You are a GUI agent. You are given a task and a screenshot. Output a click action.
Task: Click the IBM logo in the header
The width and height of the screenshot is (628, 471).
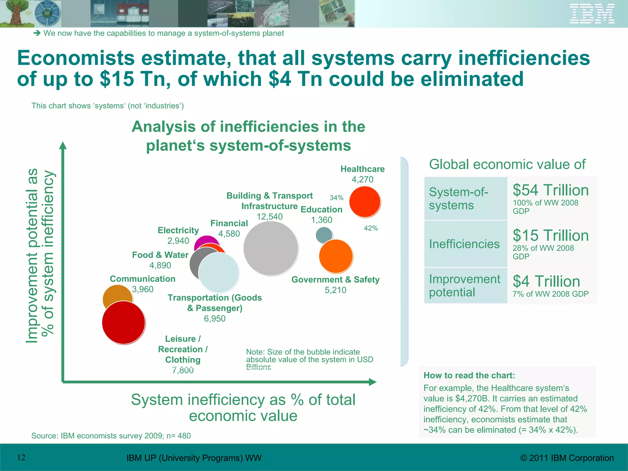point(592,13)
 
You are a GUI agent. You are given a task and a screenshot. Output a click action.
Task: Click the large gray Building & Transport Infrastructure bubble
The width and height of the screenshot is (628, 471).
point(271,248)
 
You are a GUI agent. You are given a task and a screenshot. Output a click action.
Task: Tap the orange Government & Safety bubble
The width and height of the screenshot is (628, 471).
point(336,256)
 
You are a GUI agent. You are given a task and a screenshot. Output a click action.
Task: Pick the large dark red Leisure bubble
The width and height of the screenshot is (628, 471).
point(123,323)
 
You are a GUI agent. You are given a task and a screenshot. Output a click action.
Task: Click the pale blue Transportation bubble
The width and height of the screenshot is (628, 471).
point(219,272)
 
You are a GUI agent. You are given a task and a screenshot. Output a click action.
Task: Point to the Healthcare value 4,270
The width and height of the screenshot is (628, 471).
point(362,179)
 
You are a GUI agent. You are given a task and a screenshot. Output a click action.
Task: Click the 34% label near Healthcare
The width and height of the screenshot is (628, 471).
point(336,198)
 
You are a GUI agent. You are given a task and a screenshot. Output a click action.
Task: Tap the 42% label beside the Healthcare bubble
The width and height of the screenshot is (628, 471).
point(371,228)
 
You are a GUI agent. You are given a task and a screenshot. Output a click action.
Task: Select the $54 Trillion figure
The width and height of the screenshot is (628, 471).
point(551,190)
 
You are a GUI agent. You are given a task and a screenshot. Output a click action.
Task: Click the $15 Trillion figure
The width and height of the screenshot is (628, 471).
point(551,235)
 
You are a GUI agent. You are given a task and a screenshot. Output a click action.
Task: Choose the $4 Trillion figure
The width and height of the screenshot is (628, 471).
point(546,281)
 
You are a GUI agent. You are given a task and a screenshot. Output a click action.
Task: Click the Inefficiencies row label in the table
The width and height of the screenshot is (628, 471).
point(464,244)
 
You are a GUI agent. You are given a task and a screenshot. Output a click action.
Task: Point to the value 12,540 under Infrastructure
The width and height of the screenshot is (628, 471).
point(270,216)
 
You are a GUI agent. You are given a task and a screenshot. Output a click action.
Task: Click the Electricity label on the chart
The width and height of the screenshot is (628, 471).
point(178,230)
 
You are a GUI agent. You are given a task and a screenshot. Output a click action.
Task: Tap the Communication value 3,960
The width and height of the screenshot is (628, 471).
point(143,289)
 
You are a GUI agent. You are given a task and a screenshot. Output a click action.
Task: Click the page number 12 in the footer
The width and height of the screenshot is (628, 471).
point(21,458)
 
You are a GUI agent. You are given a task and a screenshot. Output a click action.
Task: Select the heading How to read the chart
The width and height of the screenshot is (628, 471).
point(469,375)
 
